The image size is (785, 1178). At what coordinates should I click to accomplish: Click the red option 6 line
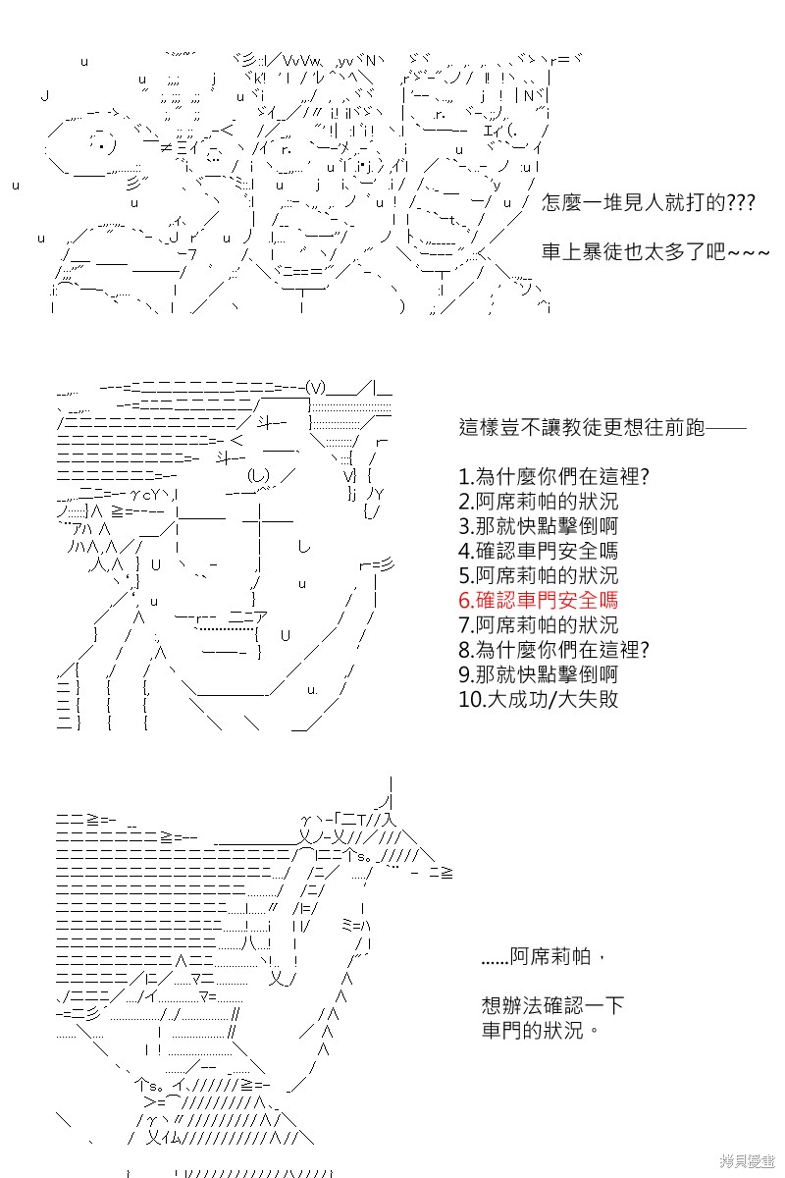[x=538, y=600]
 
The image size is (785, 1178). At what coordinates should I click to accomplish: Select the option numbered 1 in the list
[x=553, y=476]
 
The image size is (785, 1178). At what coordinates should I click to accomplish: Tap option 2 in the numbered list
[x=538, y=502]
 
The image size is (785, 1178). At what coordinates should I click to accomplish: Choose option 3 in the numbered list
[x=538, y=526]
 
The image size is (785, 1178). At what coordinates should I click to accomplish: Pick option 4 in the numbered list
[x=538, y=551]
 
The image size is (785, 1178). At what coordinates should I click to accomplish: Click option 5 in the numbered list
[x=538, y=575]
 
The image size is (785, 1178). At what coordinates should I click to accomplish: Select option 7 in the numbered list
[x=538, y=624]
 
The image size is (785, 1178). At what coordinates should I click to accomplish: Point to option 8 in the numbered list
[x=553, y=650]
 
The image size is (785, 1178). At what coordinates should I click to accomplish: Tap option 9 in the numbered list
[x=538, y=674]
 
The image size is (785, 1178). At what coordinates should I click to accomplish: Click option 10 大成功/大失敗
[x=538, y=699]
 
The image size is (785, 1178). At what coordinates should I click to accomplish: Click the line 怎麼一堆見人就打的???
[x=649, y=202]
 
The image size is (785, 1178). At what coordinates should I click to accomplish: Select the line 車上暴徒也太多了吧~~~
[x=655, y=252]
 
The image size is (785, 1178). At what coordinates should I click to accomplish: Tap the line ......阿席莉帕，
[x=542, y=956]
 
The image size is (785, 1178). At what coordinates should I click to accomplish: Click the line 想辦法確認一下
[x=552, y=1005]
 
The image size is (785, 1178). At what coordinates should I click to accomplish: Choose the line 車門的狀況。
[x=540, y=1030]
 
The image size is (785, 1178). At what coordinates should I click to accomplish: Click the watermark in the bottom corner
[x=747, y=1161]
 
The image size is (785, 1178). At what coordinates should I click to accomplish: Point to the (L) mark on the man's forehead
[x=258, y=476]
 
